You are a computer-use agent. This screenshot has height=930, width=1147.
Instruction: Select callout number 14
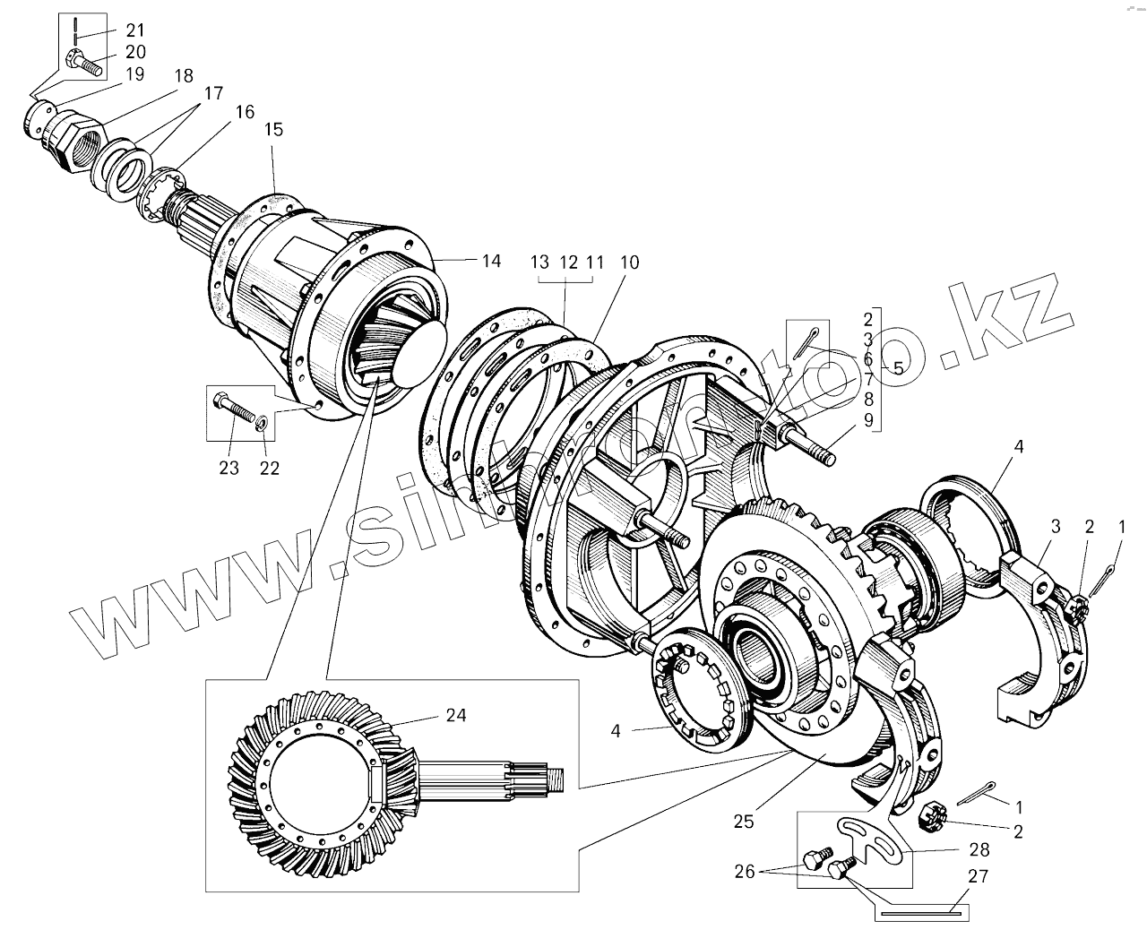tap(490, 261)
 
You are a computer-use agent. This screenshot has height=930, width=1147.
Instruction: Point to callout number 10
tap(628, 263)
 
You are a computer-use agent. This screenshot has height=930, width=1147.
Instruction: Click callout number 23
tap(229, 468)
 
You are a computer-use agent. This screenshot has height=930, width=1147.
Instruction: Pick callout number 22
tap(270, 468)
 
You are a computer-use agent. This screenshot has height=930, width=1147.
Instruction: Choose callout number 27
tap(978, 875)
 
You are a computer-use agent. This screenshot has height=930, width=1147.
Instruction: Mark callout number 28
tap(978, 848)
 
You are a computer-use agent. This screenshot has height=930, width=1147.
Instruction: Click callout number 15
tap(273, 130)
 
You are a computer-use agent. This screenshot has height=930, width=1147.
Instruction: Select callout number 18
tap(183, 76)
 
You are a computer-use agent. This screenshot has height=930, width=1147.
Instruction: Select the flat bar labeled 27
tap(920, 915)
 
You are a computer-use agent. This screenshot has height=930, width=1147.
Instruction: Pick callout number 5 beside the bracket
tap(897, 367)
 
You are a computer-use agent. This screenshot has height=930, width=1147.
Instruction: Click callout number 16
tap(245, 112)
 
